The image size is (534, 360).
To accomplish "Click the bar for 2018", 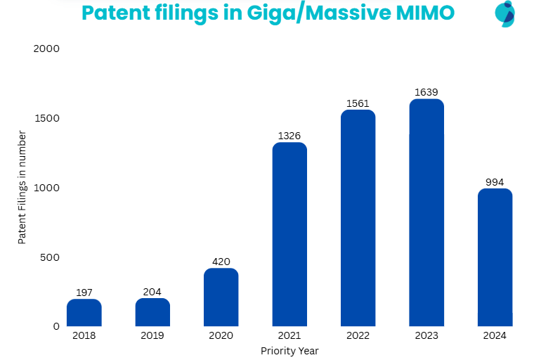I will (x=84, y=313).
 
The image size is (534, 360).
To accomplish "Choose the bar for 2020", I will (x=221, y=297).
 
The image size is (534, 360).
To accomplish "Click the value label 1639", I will (x=426, y=92).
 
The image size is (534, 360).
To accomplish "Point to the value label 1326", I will (x=289, y=136).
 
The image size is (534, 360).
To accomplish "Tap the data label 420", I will (x=221, y=262).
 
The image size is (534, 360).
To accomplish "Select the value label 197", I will (x=84, y=292).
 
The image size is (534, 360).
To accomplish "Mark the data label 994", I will (x=495, y=182).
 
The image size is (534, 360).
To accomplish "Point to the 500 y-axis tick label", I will (x=51, y=257).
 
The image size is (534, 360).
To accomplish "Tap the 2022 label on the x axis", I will (x=358, y=335).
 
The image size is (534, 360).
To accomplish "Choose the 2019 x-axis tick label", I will (x=152, y=335).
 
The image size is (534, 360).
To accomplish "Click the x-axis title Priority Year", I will (x=289, y=350).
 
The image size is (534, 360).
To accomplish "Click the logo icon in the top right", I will (x=504, y=13).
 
